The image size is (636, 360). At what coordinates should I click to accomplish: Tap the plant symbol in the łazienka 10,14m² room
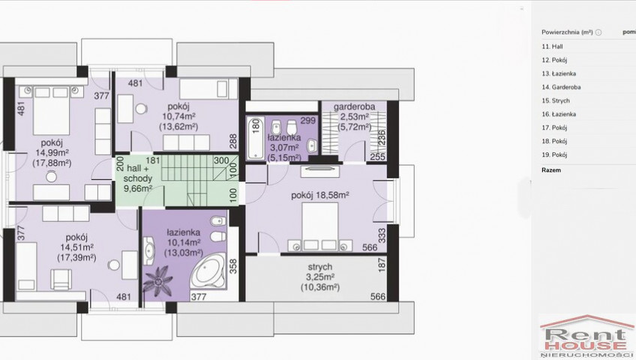click(158, 280)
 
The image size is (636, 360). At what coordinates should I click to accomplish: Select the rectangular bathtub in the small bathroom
click(256, 138)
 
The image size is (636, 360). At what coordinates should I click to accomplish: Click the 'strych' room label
click(320, 267)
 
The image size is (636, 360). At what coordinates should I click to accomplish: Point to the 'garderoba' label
click(354, 107)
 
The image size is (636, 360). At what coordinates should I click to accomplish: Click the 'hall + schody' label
click(137, 173)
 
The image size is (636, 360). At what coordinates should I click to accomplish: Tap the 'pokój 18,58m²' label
click(320, 195)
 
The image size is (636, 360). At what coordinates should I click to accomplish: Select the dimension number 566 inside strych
click(378, 296)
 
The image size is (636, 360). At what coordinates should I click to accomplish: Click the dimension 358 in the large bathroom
click(232, 266)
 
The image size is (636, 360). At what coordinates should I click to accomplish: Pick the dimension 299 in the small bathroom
click(307, 121)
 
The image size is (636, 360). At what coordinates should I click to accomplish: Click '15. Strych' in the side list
click(556, 100)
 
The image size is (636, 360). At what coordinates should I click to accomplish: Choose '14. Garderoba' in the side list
click(561, 87)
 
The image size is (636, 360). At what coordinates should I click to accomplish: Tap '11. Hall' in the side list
click(552, 46)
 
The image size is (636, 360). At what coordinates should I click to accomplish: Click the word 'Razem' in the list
click(551, 170)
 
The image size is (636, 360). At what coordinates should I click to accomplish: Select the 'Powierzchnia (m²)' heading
click(567, 32)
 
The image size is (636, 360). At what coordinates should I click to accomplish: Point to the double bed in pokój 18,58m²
click(320, 226)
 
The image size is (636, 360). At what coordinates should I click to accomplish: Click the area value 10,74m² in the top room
click(178, 117)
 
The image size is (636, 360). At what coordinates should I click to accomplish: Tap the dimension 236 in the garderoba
click(381, 138)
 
